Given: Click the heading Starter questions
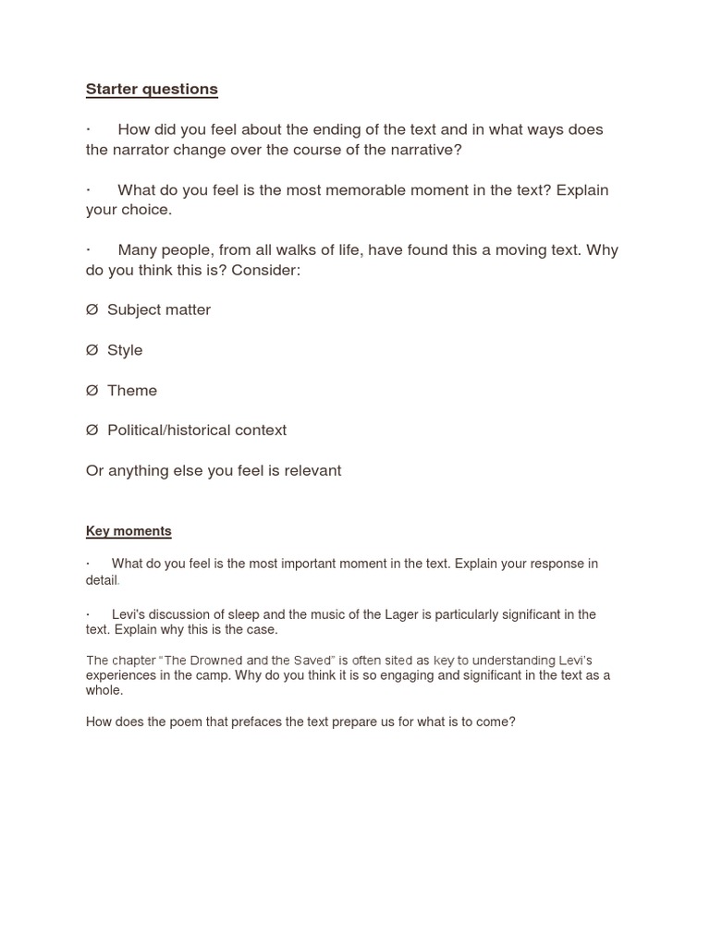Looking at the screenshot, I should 152,90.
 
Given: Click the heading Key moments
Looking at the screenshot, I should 129,531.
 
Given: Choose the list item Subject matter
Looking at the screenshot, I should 159,310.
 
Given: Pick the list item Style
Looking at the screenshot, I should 125,350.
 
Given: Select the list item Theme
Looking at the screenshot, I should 132,391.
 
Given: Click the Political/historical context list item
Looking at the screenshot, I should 197,431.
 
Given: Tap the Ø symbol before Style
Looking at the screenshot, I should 92,350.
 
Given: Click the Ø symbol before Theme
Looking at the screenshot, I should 92,391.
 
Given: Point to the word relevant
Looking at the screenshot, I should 312,471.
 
